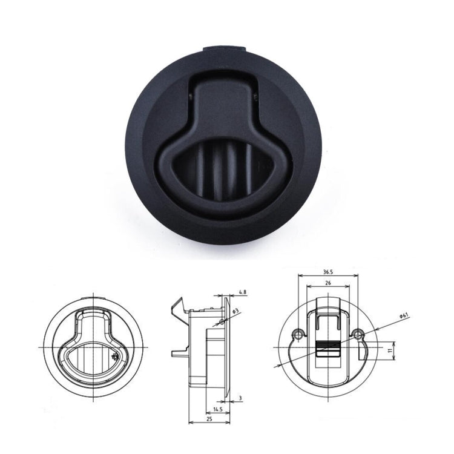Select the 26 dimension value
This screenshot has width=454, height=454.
point(327,283)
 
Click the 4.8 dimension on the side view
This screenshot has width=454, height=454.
point(242,292)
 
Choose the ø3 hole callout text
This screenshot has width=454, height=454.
point(236,311)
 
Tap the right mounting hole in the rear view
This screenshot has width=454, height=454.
point(359,334)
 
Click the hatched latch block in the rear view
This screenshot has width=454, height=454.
point(327,349)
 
